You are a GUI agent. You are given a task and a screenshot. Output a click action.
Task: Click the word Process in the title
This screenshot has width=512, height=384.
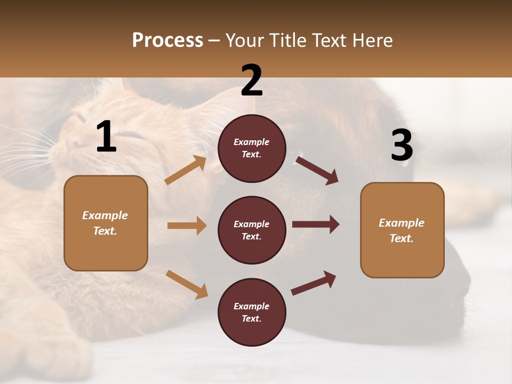tap(167, 41)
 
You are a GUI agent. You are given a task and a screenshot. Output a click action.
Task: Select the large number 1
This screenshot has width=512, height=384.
tap(106, 137)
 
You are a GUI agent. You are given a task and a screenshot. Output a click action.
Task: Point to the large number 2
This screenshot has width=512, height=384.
tap(252, 81)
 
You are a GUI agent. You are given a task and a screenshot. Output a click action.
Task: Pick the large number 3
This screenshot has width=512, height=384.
tap(402, 145)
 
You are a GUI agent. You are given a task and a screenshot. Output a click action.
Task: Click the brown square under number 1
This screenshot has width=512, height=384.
tap(106, 223)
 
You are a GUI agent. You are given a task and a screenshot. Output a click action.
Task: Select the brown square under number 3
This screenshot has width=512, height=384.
tap(402, 230)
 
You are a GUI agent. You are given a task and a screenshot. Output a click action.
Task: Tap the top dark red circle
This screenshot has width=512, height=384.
tap(252, 148)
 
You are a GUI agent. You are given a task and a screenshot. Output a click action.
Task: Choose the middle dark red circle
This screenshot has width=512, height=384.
tap(252, 230)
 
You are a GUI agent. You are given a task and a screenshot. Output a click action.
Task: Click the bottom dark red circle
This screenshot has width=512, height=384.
tap(252, 312)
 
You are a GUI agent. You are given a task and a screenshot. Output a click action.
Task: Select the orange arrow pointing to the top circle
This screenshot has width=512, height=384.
tap(186, 170)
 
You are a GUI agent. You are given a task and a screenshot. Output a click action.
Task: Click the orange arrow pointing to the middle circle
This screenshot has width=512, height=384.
tap(187, 226)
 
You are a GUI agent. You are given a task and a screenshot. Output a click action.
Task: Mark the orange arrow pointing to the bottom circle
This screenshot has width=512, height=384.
tap(187, 284)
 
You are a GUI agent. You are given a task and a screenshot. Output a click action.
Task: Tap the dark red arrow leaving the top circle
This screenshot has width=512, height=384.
tap(317, 170)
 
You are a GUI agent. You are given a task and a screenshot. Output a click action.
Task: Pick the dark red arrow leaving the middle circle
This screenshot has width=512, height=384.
tap(316, 225)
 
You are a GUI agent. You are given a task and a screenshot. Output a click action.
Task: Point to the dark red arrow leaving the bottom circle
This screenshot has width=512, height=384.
tap(314, 283)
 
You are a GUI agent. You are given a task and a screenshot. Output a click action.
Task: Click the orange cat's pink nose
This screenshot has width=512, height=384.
tap(71, 143)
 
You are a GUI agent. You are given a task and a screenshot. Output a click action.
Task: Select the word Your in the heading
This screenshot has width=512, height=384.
tap(245, 41)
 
